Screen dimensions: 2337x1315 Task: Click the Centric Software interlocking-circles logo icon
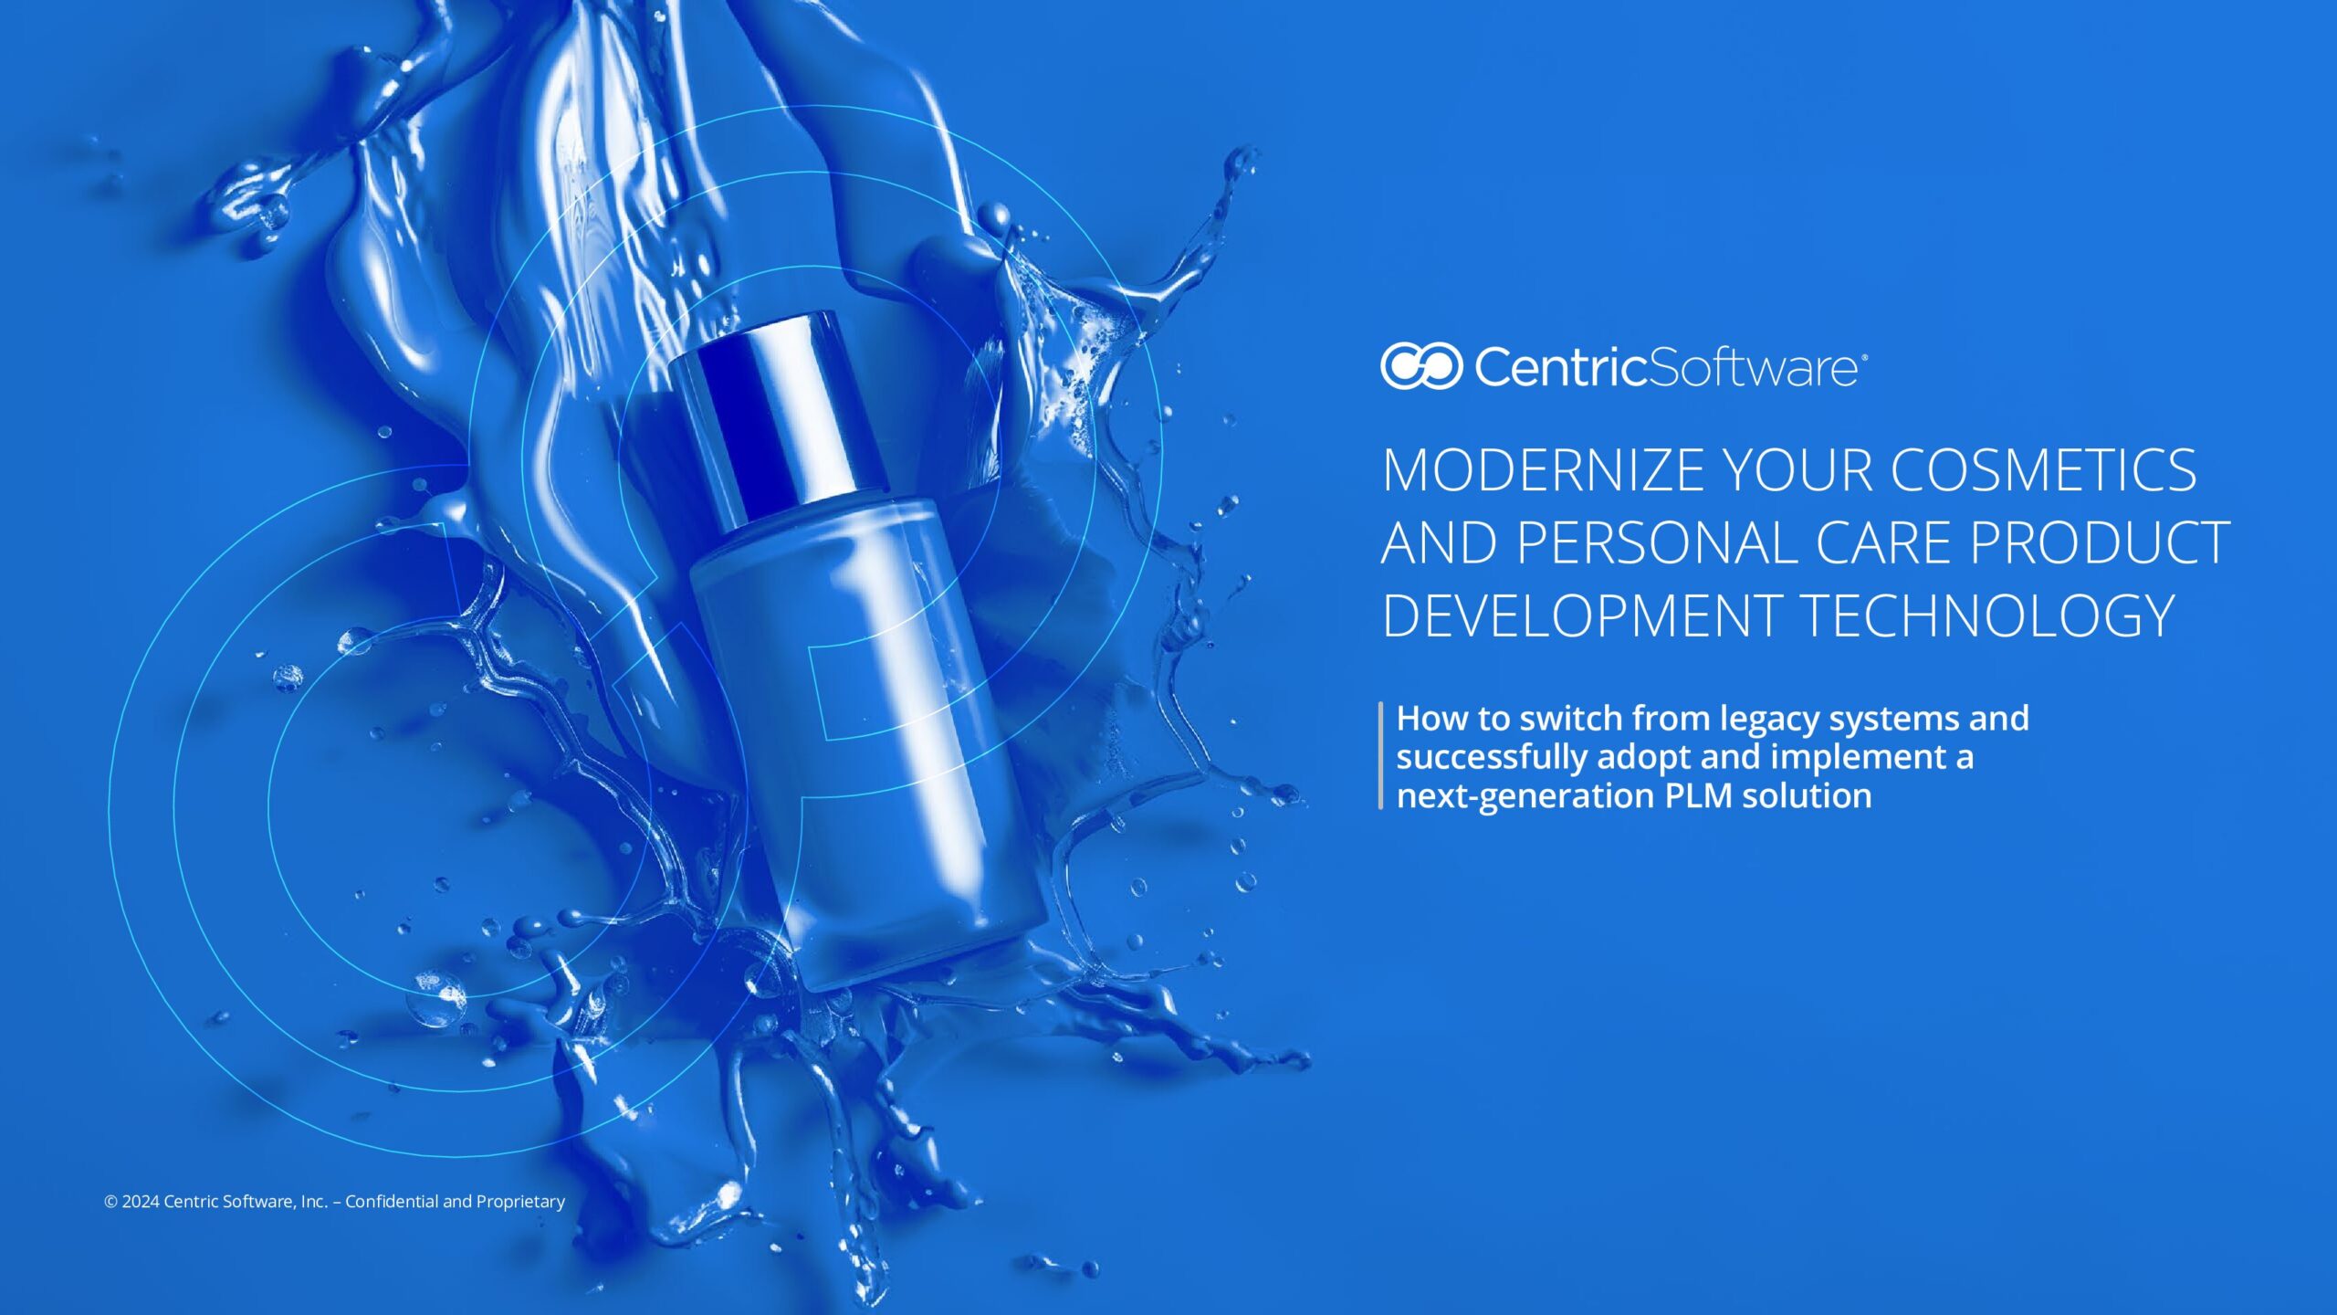click(1421, 366)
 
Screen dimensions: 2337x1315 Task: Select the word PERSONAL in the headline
click(1657, 543)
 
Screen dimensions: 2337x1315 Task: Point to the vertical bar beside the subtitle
click(1381, 755)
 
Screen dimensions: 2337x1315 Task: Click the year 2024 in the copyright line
click(141, 1202)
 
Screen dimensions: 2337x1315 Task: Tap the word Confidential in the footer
click(392, 1202)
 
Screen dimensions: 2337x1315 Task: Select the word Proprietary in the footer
click(520, 1203)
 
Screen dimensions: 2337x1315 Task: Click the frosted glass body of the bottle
click(867, 740)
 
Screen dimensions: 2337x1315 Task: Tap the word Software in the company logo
click(1754, 367)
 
